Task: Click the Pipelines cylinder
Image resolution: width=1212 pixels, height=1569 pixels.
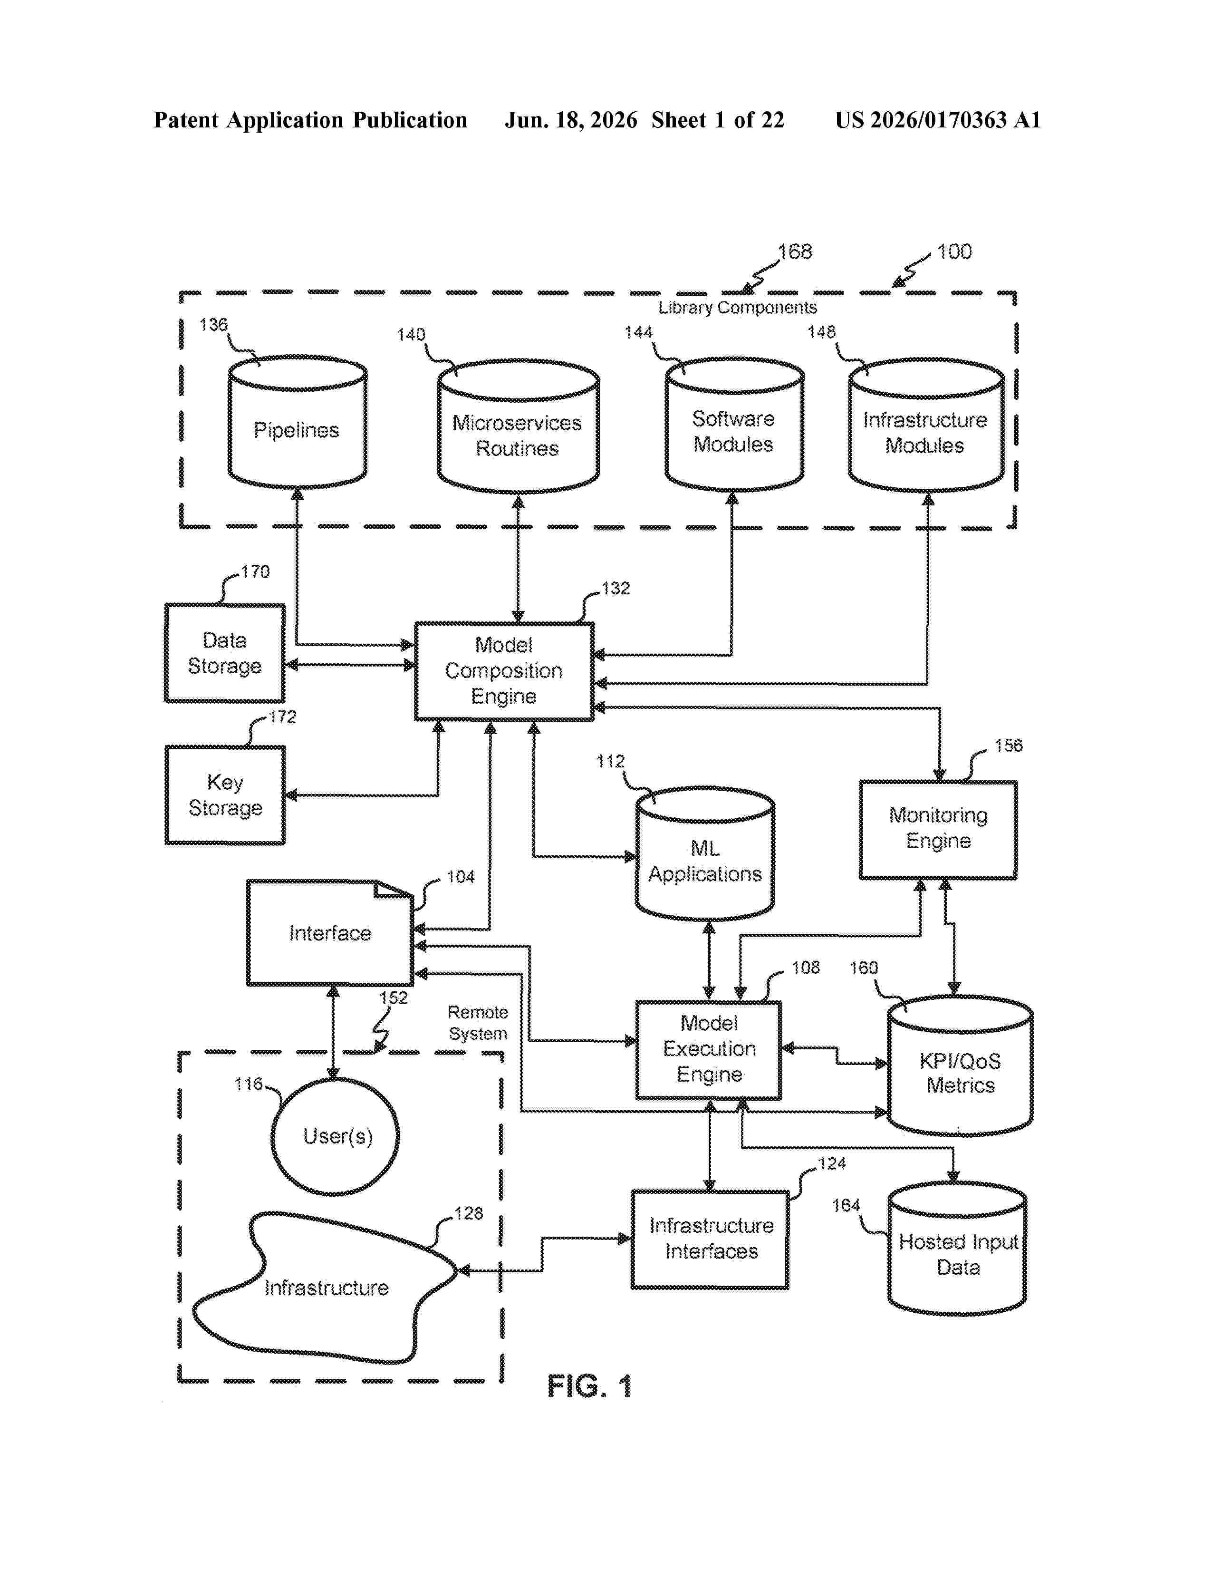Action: click(297, 422)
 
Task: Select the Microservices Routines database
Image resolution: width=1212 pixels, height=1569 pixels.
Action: click(519, 426)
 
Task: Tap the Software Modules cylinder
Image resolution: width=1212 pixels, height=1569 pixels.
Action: click(734, 424)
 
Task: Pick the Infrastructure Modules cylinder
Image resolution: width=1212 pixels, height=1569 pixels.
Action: click(926, 426)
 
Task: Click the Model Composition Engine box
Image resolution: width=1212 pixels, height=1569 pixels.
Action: click(504, 671)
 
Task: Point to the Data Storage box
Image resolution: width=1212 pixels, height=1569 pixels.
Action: click(225, 653)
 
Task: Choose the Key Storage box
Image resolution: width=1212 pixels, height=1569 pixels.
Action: click(225, 794)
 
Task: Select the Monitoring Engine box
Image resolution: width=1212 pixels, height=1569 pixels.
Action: click(938, 830)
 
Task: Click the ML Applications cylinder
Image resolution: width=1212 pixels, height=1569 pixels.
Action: click(705, 853)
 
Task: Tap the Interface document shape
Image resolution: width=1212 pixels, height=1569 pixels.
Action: click(330, 932)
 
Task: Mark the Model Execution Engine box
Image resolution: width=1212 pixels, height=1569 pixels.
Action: click(709, 1050)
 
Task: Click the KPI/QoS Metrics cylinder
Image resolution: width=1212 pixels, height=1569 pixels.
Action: click(960, 1066)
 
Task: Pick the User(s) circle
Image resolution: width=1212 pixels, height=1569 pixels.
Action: click(335, 1136)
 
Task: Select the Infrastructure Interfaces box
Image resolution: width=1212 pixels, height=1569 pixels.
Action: click(710, 1239)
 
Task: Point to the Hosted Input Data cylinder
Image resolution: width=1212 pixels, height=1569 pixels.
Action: click(957, 1249)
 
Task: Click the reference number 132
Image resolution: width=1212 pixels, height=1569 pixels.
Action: click(616, 589)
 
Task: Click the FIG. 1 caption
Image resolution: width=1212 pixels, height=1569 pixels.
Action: click(589, 1386)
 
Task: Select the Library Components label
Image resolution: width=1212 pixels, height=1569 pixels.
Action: click(737, 308)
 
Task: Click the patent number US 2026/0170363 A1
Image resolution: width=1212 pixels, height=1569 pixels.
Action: click(938, 120)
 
